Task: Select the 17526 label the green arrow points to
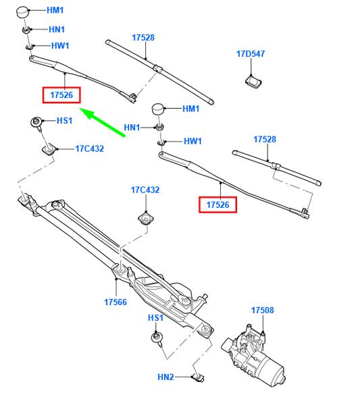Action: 61,96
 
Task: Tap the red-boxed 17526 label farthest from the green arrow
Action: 217,204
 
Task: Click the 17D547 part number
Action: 251,53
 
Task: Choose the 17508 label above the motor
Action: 262,310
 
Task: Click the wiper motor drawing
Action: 257,350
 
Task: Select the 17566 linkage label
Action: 115,302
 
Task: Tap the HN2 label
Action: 165,377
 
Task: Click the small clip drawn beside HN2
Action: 198,377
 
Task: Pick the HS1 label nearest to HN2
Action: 155,318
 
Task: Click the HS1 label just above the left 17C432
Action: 64,121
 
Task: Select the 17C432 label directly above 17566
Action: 145,190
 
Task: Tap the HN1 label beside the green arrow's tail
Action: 132,127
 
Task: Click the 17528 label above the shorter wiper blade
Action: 265,139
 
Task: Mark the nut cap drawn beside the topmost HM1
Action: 23,13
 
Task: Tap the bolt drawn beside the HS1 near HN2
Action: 157,340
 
